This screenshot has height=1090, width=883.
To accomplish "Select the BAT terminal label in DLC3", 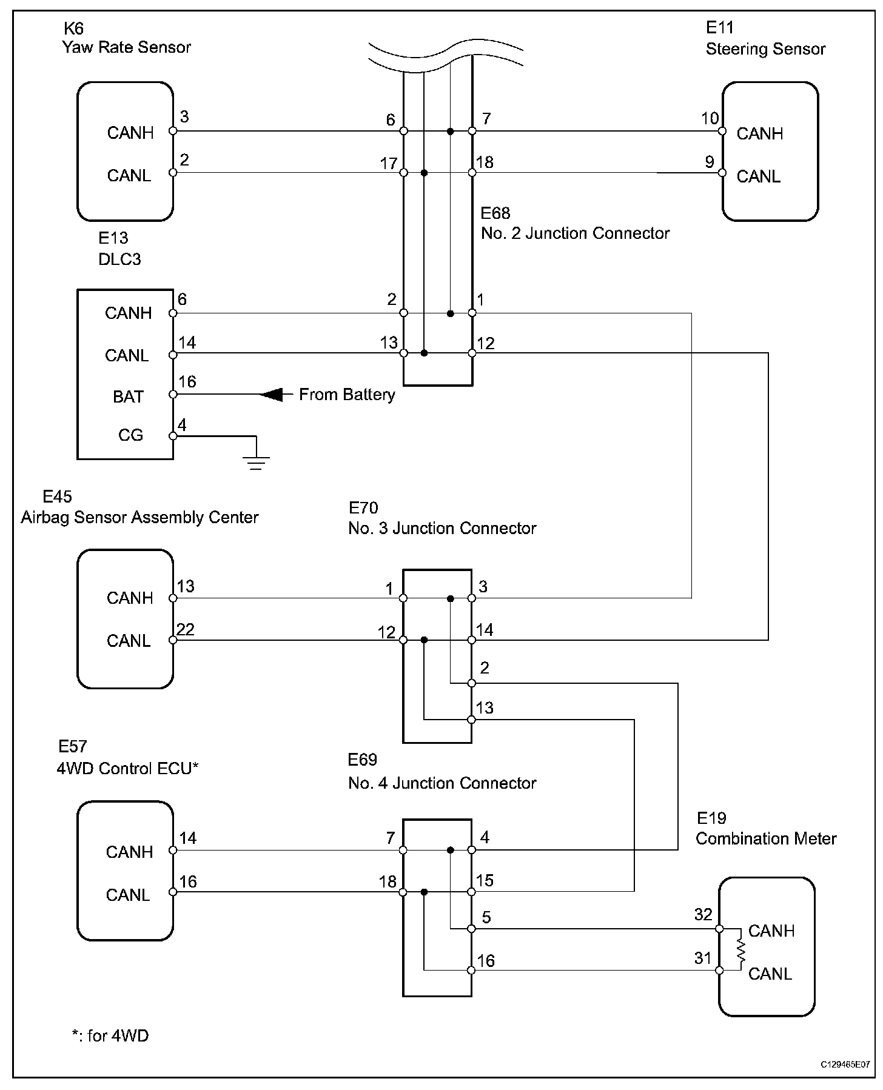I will [128, 396].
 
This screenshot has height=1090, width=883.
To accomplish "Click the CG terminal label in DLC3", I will [130, 435].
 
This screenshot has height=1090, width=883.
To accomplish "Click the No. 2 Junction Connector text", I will [575, 233].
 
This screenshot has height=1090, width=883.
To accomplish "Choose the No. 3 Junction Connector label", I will [442, 528].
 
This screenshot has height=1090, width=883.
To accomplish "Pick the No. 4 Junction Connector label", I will [442, 783].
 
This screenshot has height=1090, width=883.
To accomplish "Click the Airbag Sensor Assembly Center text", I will [139, 517].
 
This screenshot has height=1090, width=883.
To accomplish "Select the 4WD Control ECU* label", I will [127, 768].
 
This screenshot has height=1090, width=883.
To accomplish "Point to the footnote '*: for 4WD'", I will [110, 1035].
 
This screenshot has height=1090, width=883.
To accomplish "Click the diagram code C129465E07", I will [845, 1065].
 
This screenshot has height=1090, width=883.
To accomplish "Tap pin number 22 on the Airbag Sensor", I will [186, 629].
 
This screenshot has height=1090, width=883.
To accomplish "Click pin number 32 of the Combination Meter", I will [703, 914].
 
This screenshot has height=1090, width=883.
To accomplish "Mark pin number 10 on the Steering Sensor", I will [710, 118].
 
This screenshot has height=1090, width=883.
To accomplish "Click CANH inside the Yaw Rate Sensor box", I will [130, 133].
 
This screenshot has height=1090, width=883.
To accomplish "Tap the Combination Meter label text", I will [766, 838].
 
